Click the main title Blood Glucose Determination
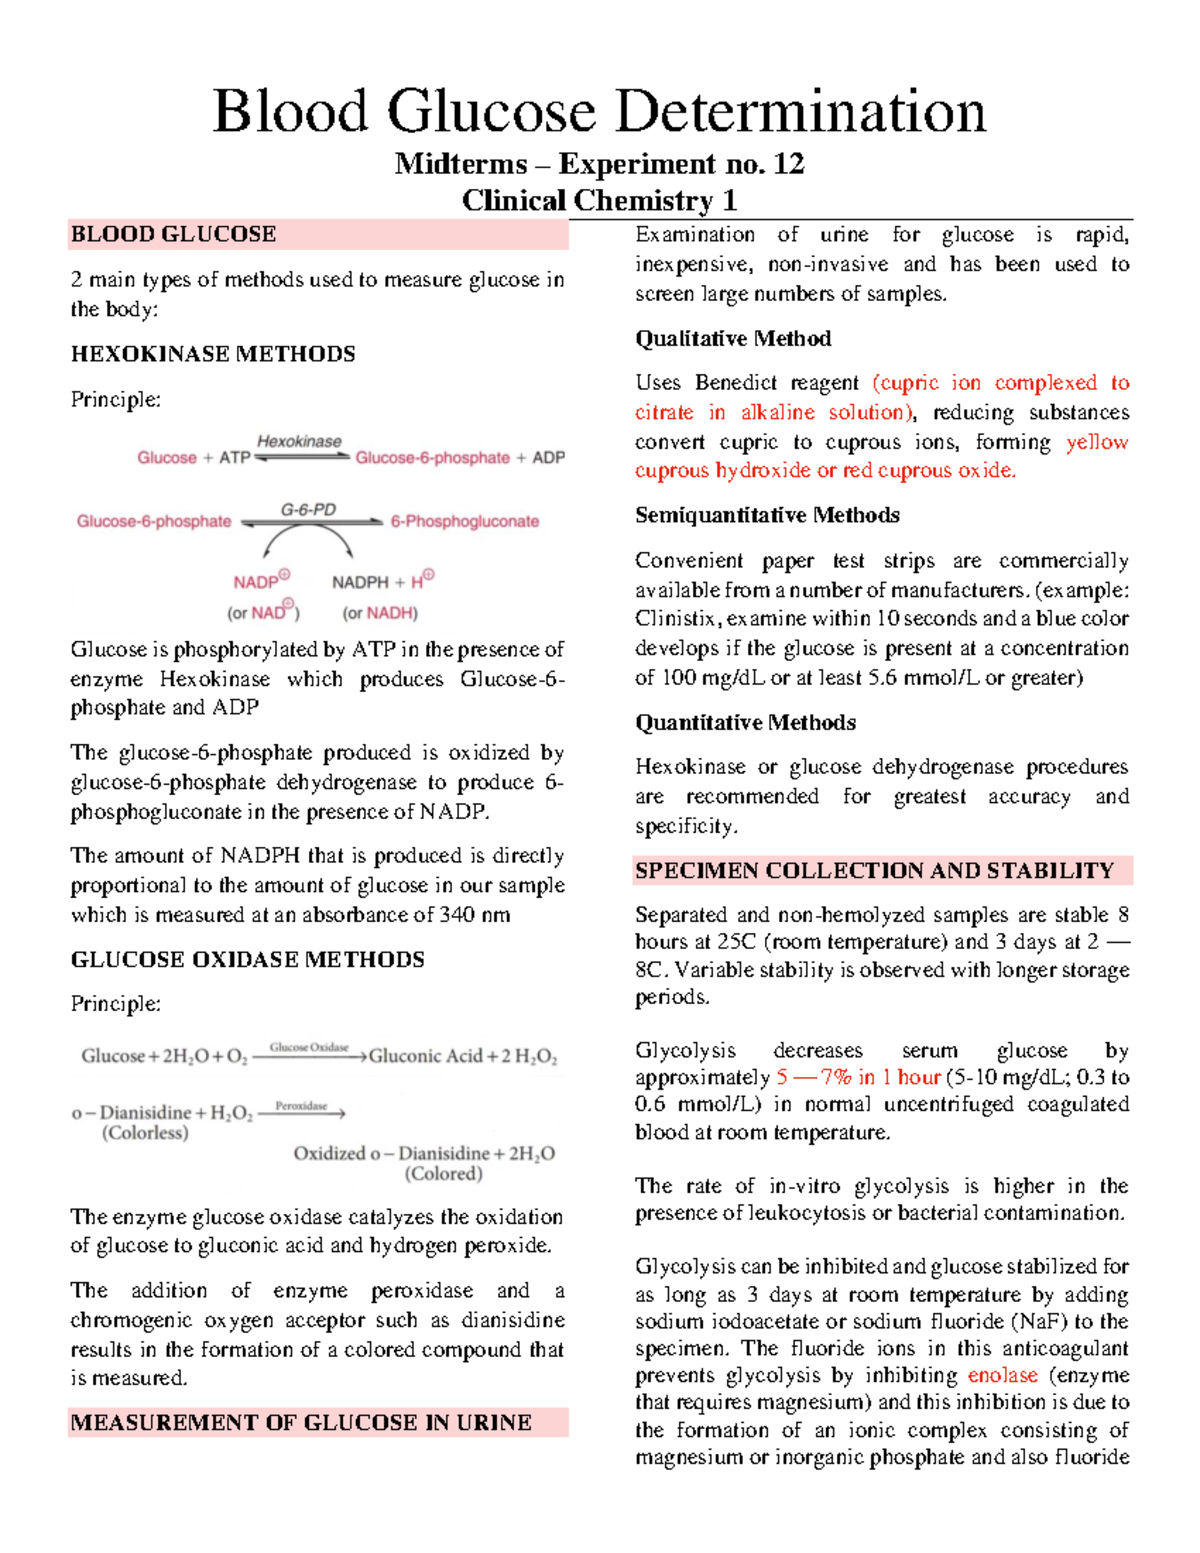599,111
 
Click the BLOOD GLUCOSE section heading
173,235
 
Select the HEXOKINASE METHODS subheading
213,354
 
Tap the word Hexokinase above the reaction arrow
299,441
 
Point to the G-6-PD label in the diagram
308,509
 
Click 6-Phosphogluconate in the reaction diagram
464,521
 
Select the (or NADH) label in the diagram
380,613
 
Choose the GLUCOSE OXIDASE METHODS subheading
247,960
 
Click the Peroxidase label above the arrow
301,1106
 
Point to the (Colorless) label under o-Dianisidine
145,1133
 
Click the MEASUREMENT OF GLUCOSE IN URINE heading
301,1422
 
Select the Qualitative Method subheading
733,339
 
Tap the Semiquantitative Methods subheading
767,515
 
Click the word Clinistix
677,618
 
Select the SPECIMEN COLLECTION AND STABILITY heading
874,870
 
